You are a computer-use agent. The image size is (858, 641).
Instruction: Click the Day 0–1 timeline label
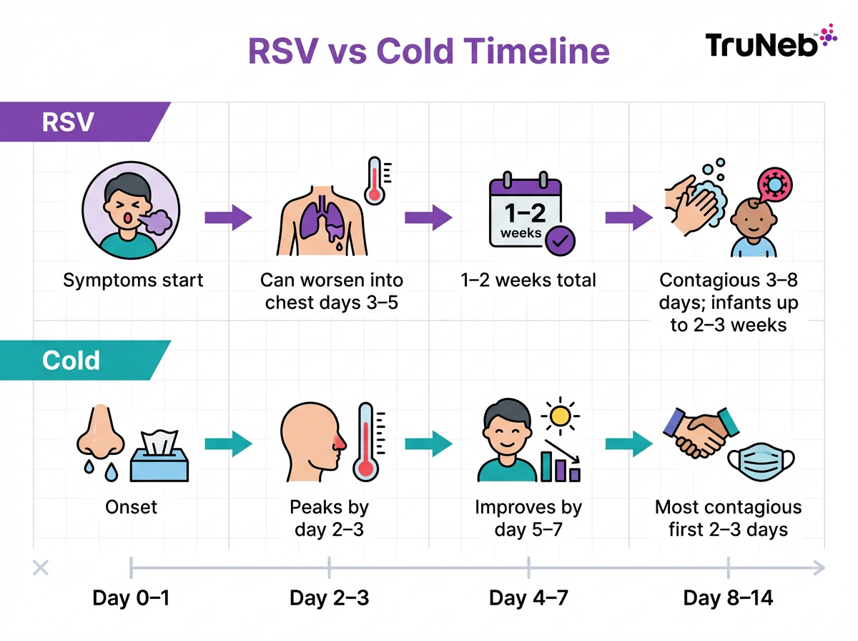click(x=131, y=598)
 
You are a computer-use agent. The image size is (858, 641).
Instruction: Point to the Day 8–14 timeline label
click(x=728, y=598)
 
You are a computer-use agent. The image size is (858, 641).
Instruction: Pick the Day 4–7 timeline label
click(x=528, y=598)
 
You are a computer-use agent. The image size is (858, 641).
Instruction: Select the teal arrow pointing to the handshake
click(x=628, y=444)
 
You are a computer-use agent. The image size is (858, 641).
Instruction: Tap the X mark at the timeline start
click(x=41, y=569)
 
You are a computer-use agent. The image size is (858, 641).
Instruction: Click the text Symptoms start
click(x=133, y=280)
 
